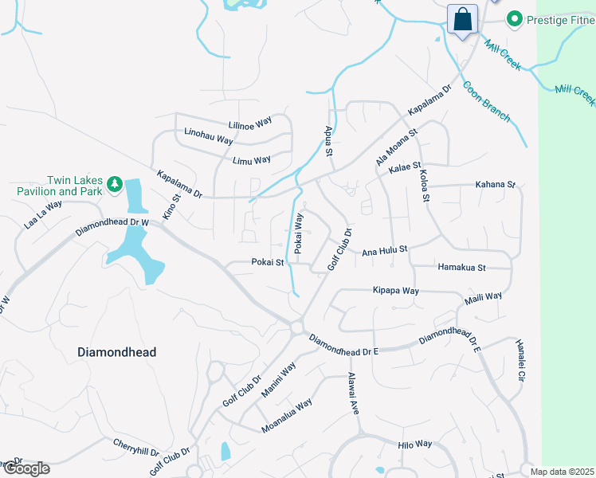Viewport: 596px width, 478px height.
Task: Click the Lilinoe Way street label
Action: (250, 123)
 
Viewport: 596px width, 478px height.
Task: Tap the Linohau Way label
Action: (208, 136)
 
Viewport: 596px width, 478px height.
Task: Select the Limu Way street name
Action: (252, 160)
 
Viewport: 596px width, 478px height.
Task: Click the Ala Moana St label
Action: (396, 147)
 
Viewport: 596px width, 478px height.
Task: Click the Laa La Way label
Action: (43, 215)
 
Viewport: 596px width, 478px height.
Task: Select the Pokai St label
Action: (268, 261)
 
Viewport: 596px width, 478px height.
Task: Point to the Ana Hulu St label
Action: (385, 250)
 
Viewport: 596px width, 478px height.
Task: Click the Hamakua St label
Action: (461, 268)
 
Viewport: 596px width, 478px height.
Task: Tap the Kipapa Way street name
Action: (396, 291)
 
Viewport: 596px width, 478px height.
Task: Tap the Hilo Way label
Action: (415, 444)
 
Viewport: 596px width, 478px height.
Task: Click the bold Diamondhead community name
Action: (116, 351)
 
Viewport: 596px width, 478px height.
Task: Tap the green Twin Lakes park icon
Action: (115, 184)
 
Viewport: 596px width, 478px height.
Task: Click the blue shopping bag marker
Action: (462, 18)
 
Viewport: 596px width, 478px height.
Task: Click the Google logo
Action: (25, 468)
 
